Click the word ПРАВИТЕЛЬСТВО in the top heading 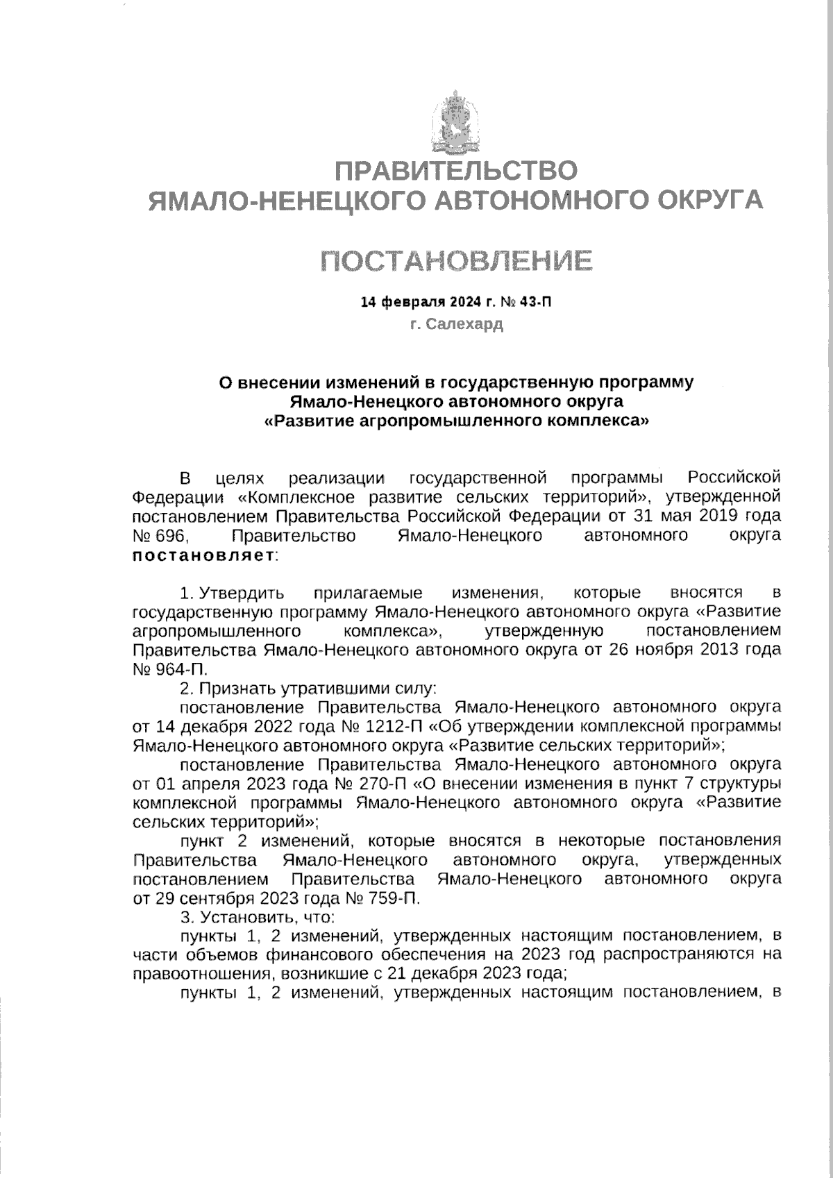coord(456,171)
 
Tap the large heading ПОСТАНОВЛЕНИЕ coord(456,261)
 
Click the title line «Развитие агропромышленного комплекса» coord(456,420)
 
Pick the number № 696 coord(159,535)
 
